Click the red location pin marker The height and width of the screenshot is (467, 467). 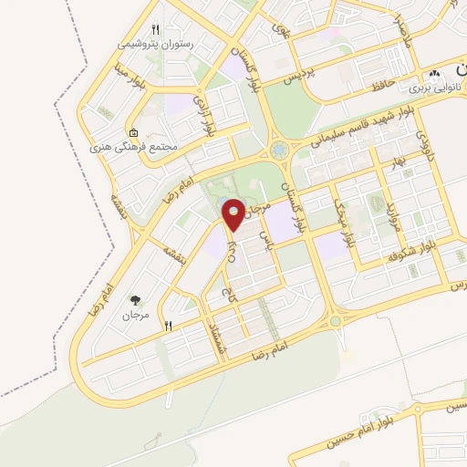pos(233,215)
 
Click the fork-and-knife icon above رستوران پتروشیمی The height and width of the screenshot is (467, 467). pos(155,28)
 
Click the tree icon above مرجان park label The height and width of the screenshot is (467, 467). pos(134,300)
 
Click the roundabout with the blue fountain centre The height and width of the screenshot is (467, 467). pos(277,149)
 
